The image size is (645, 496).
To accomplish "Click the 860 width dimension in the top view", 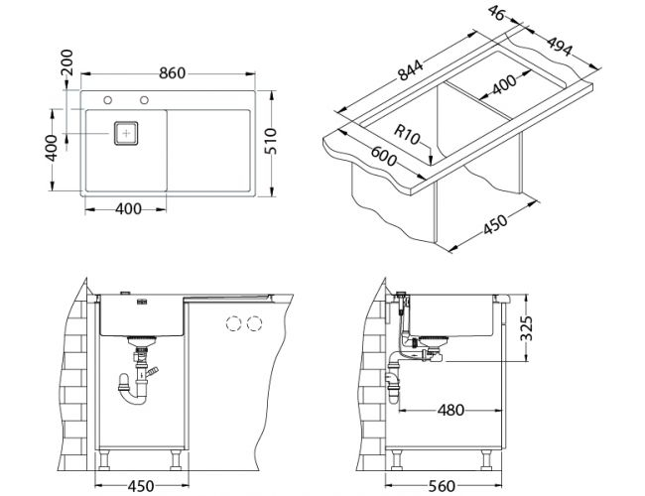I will click(173, 73).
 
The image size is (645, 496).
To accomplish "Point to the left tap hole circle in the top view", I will click(107, 99).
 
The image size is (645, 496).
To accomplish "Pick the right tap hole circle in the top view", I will click(145, 99).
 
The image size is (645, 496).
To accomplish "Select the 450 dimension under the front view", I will click(141, 484).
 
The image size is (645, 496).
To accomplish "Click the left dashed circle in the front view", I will click(235, 323).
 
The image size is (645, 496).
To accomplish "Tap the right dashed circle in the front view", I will click(256, 323).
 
